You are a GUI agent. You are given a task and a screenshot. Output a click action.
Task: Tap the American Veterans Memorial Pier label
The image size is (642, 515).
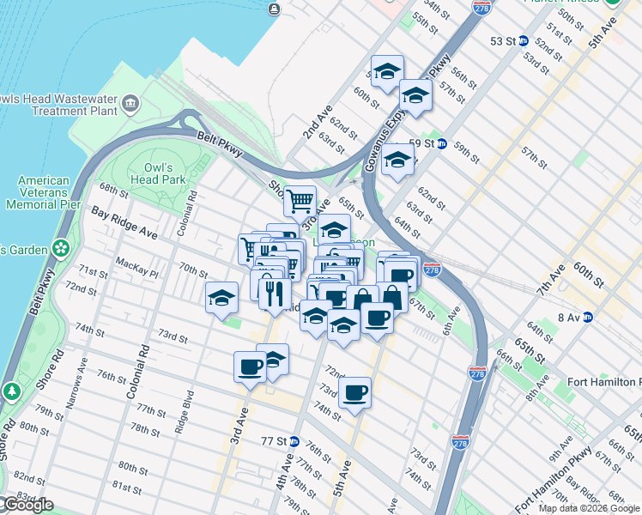click(x=43, y=193)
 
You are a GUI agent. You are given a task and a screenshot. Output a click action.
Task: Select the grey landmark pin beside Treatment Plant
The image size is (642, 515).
click(x=130, y=105)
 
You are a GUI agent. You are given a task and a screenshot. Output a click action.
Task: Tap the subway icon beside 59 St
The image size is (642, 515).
click(x=441, y=143)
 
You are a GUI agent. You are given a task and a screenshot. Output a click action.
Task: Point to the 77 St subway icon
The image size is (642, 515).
click(x=294, y=441)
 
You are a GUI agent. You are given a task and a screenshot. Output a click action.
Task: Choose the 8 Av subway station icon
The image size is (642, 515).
click(x=588, y=317)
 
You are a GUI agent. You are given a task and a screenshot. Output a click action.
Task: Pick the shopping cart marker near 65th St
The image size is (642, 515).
click(x=300, y=202)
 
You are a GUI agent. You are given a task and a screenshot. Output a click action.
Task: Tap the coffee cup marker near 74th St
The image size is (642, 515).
click(x=354, y=393)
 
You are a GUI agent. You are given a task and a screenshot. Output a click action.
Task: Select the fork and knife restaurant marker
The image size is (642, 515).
click(x=274, y=293)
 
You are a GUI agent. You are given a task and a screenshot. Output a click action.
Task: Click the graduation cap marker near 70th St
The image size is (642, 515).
click(x=222, y=298)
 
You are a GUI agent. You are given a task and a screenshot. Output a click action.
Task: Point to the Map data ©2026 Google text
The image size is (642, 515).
click(x=589, y=508)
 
